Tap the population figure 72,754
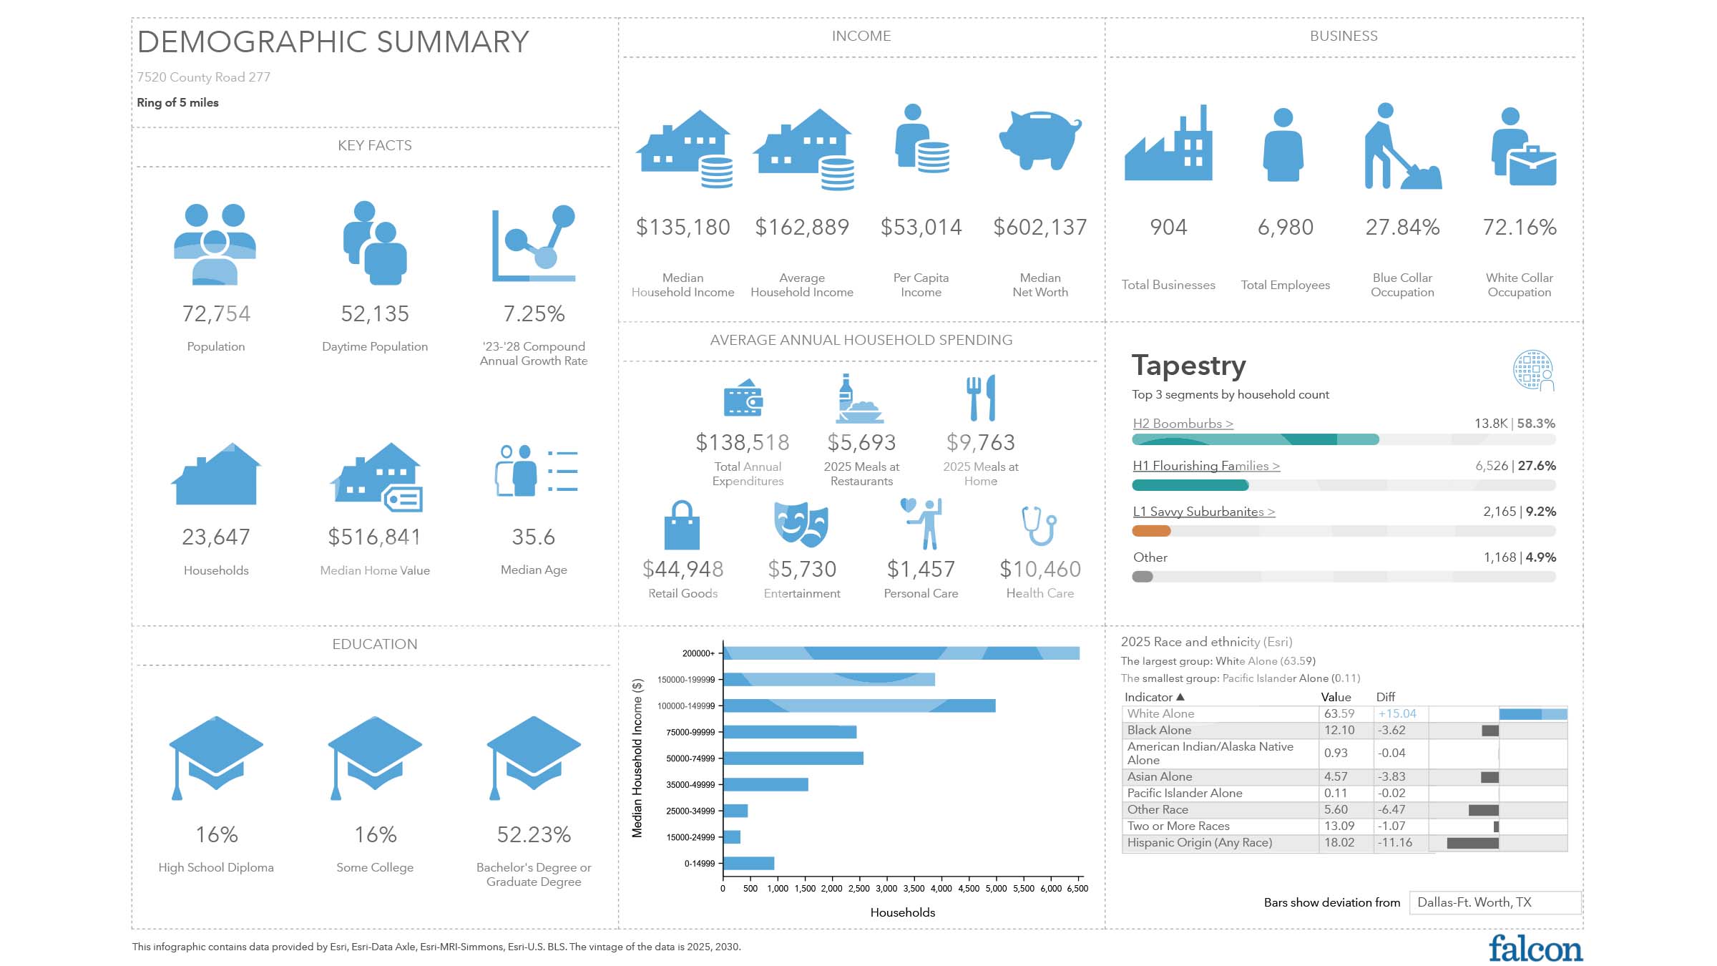[216, 313]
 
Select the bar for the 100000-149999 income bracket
[859, 706]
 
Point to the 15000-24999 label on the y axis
[690, 837]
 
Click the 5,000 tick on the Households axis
[996, 889]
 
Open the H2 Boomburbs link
[1183, 424]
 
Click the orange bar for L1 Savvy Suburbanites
[1151, 531]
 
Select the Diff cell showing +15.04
[1397, 713]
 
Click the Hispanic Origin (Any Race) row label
[1200, 842]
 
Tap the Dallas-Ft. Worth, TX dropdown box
[1495, 902]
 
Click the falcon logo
[1535, 949]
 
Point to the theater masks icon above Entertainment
[802, 525]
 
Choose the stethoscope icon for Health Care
[1040, 526]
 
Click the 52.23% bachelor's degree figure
[534, 834]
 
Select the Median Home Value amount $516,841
[375, 537]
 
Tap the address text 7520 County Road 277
[204, 77]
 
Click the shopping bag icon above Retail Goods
[682, 525]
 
